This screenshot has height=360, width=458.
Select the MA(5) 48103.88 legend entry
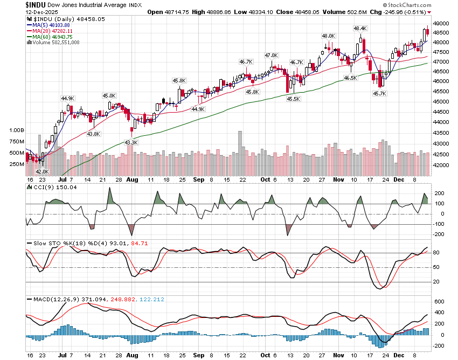click(x=51, y=25)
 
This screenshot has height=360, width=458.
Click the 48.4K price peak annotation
click(x=360, y=28)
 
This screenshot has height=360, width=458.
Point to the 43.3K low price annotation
click(x=131, y=142)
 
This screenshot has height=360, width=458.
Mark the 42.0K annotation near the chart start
click(x=41, y=171)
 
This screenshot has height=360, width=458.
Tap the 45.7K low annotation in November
click(x=380, y=93)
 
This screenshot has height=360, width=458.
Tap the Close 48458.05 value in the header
click(x=292, y=12)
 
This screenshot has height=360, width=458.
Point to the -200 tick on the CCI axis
click(x=439, y=234)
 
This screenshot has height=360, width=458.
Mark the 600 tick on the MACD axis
click(x=438, y=301)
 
